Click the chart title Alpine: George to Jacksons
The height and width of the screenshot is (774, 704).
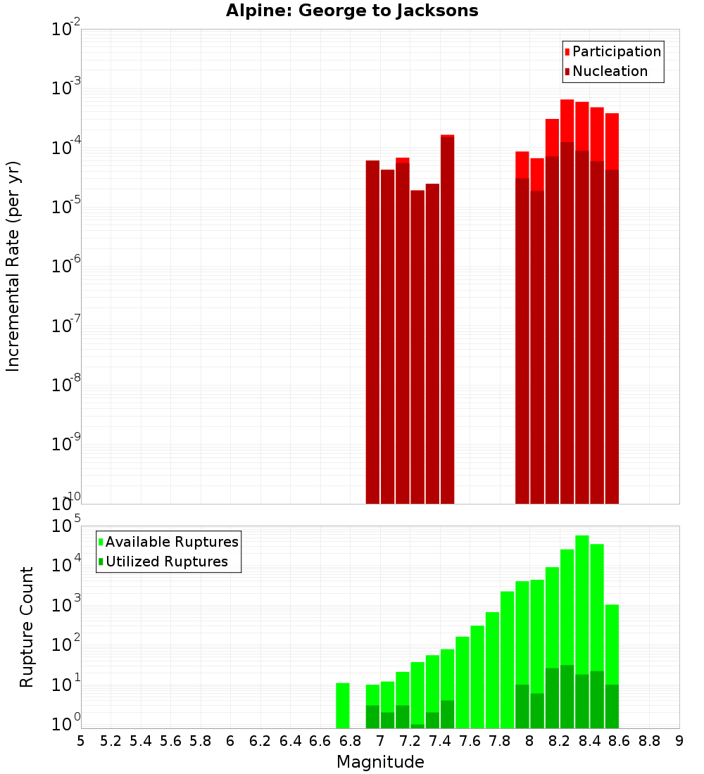(352, 11)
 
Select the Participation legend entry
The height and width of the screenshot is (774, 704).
(617, 51)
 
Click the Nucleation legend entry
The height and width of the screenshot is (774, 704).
(610, 71)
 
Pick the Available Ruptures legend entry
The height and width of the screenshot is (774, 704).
(172, 542)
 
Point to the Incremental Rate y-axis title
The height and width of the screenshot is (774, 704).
(13, 266)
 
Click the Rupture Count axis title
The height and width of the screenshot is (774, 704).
(27, 627)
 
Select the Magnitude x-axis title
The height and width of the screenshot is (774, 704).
(380, 762)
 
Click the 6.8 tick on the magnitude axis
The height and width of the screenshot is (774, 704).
(350, 741)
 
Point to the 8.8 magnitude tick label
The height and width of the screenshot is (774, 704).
(649, 741)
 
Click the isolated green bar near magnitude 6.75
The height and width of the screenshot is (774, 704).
(343, 705)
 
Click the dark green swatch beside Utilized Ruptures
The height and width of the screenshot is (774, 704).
(101, 562)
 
